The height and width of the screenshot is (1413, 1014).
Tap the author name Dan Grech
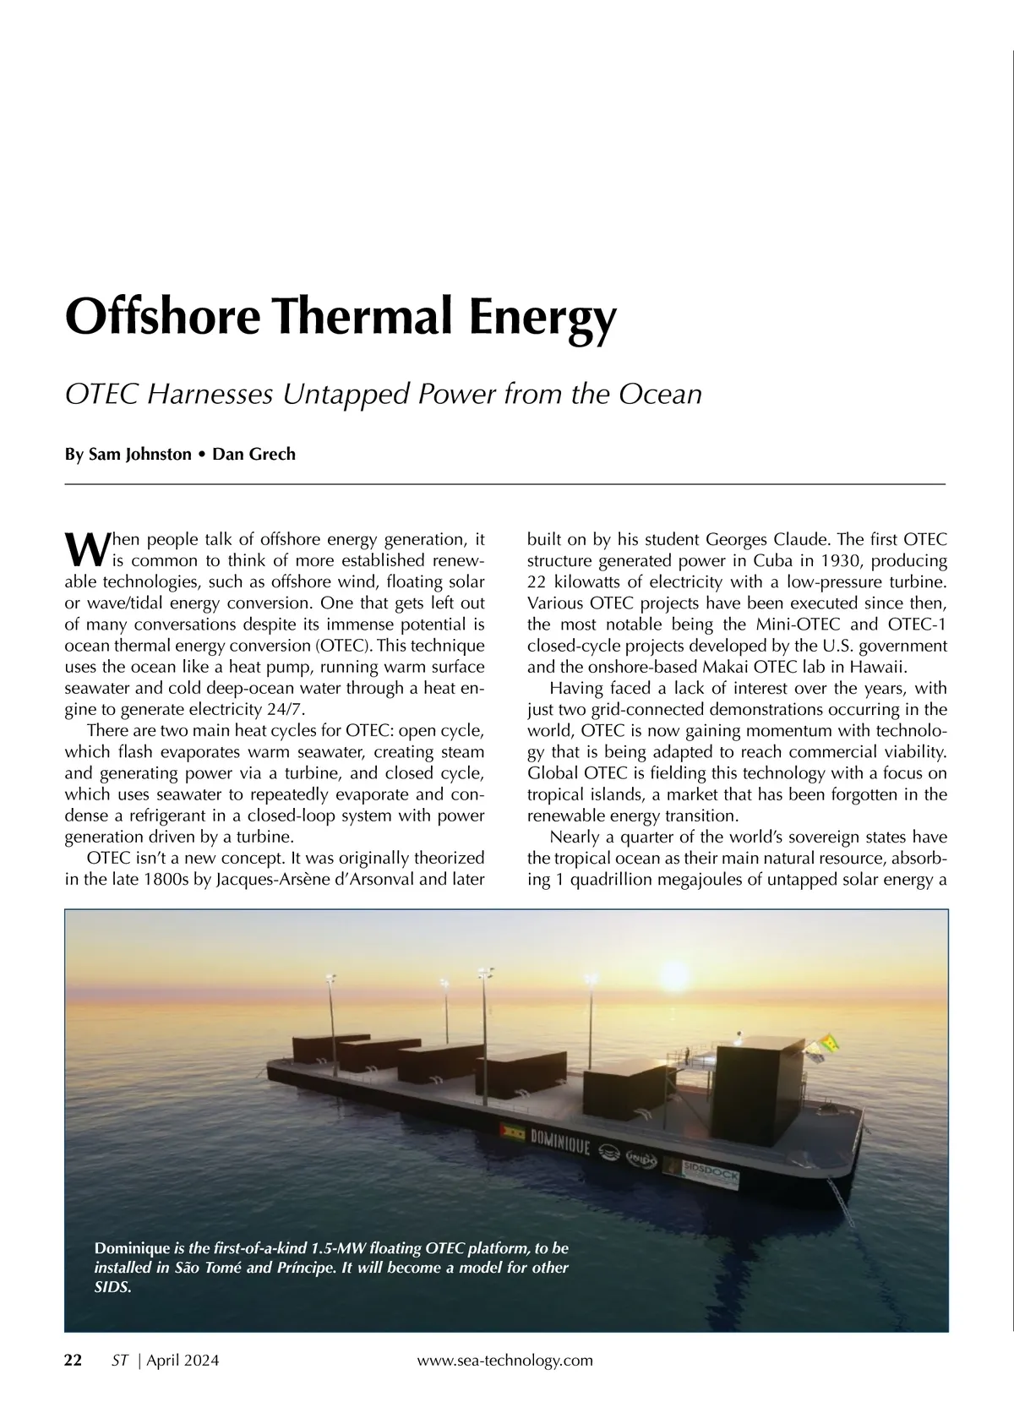pyautogui.click(x=253, y=454)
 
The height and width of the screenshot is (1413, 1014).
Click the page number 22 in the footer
pyautogui.click(x=74, y=1360)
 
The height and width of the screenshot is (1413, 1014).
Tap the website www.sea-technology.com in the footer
pyautogui.click(x=505, y=1360)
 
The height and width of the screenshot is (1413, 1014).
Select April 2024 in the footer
pyautogui.click(x=183, y=1360)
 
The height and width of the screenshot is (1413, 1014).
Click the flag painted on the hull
pyautogui.click(x=512, y=1131)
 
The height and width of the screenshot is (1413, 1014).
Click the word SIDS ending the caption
pyautogui.click(x=112, y=1289)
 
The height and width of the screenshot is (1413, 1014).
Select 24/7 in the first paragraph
pyautogui.click(x=283, y=709)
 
